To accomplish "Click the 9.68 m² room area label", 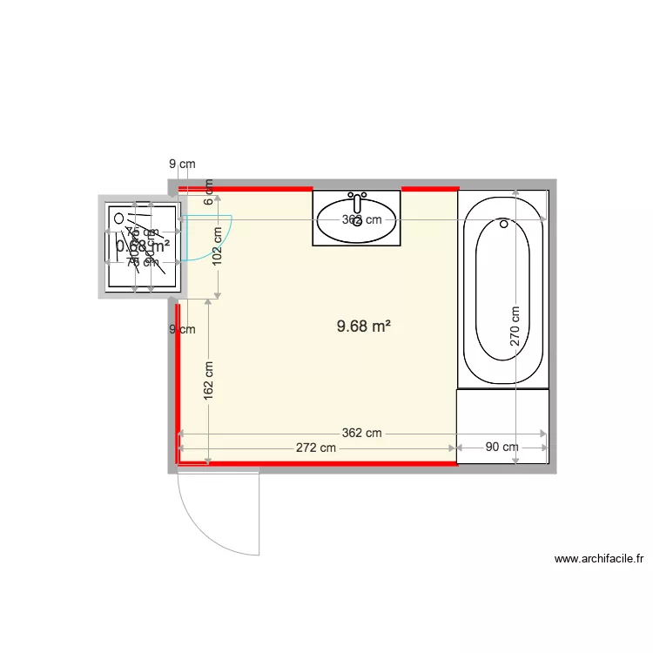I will [x=363, y=327].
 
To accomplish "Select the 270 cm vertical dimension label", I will [x=515, y=326].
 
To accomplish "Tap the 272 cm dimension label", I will [x=315, y=448].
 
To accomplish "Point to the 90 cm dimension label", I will [x=502, y=448].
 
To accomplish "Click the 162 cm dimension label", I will [x=208, y=380].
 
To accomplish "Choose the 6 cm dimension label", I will [x=209, y=186].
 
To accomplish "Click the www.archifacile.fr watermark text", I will [x=597, y=559].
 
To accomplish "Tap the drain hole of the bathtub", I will [x=503, y=224].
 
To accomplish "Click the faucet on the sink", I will [x=357, y=197].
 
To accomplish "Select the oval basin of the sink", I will [x=357, y=221].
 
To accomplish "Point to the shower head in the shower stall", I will [x=119, y=220].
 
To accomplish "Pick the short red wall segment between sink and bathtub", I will [x=429, y=188].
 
